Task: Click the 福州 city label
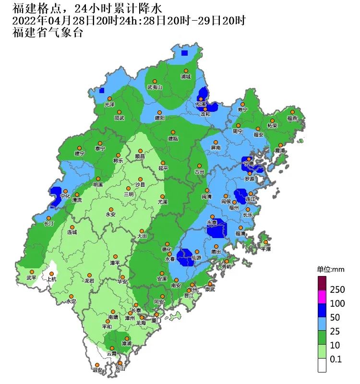pyautogui.click(x=234, y=208)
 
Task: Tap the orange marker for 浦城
pyautogui.click(x=186, y=71)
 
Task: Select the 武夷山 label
pyautogui.click(x=155, y=87)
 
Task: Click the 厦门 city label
pyautogui.click(x=155, y=320)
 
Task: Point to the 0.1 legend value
pyautogui.click(x=336, y=359)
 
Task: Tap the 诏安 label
pyautogui.click(x=97, y=370)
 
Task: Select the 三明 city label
pyautogui.click(x=129, y=194)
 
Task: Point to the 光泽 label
pyautogui.click(x=109, y=104)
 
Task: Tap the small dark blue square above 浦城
pyautogui.click(x=185, y=53)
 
